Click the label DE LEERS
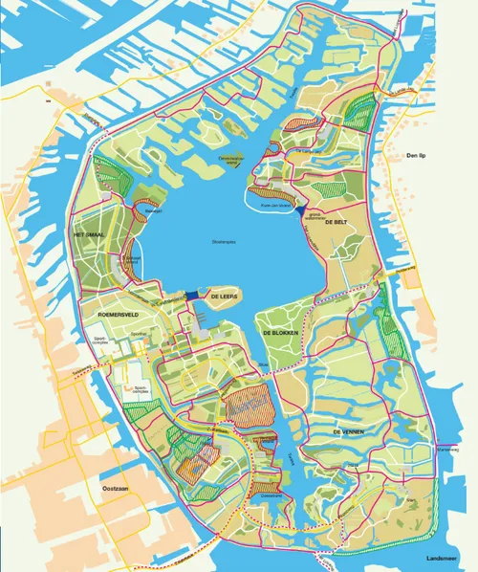coord(223,297)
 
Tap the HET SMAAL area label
coord(87,234)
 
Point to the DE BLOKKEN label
coord(281,332)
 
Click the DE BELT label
coord(334,222)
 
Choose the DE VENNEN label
coord(350,432)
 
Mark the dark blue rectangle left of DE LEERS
coord(196,295)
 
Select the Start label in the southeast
coord(412,499)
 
